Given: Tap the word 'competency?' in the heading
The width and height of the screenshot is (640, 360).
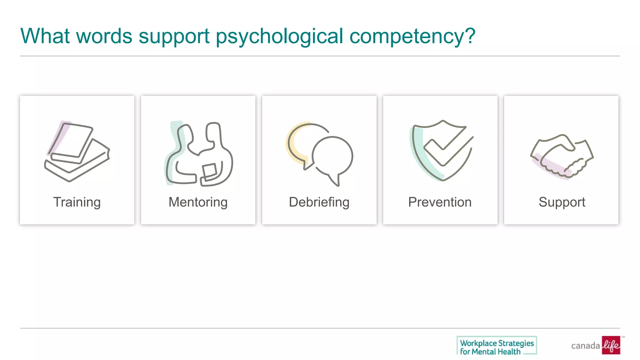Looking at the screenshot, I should (x=412, y=36).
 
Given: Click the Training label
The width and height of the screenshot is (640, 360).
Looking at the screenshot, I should (x=77, y=202).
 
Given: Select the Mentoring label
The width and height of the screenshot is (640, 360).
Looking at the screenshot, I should (x=198, y=202).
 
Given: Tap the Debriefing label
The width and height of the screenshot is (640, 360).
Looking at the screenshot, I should (x=319, y=202).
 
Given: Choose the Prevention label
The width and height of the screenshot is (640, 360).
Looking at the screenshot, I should (x=440, y=202).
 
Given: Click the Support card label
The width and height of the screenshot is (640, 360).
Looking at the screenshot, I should (x=562, y=202).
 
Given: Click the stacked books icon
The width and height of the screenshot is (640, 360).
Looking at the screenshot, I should (x=77, y=152).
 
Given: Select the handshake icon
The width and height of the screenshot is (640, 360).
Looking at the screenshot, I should (x=562, y=156).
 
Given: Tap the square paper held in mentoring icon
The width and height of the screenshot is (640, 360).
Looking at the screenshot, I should (x=210, y=171).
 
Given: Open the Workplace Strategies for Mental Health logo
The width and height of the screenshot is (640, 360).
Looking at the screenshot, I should (x=497, y=346).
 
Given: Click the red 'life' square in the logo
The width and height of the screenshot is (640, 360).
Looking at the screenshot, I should (x=611, y=345).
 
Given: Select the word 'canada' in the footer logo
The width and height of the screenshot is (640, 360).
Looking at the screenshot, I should (x=585, y=346).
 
